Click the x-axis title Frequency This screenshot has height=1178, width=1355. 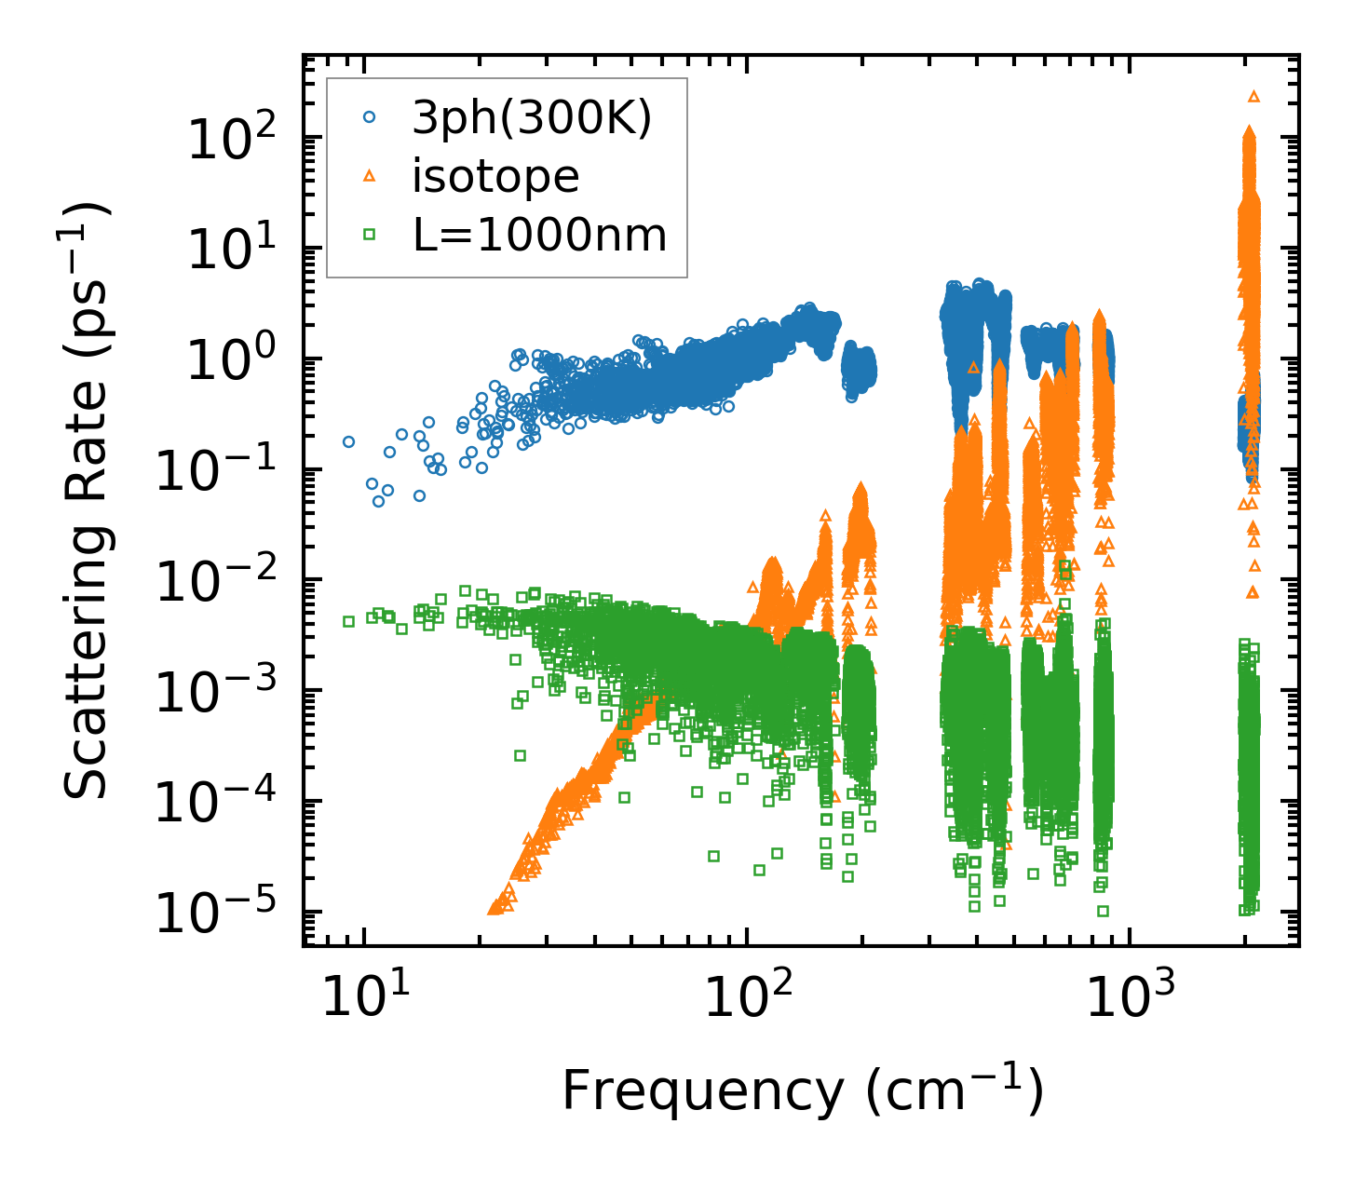click(802, 1090)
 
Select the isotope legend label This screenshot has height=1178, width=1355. click(496, 177)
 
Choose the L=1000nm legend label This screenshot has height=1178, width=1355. click(540, 236)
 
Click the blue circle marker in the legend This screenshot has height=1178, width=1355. click(370, 118)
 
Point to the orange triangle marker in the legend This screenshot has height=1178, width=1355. click(370, 176)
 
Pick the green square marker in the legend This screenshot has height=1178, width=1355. click(370, 236)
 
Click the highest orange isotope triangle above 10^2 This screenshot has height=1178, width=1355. click(1253, 96)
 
